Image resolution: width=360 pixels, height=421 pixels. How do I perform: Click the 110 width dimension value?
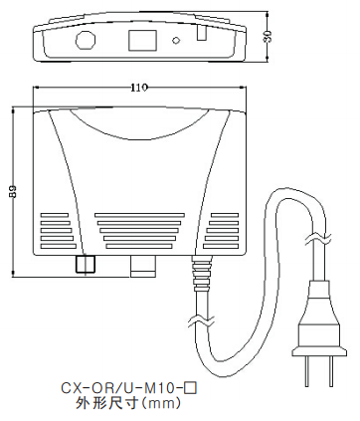point(139,88)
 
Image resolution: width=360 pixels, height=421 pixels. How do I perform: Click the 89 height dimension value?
point(13,191)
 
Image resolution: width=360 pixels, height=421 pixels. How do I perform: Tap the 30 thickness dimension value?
point(268,36)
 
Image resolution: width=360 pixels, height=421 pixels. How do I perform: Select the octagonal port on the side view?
point(86,40)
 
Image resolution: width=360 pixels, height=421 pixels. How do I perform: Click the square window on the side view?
point(142,41)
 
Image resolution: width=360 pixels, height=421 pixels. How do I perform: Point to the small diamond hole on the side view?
point(176,40)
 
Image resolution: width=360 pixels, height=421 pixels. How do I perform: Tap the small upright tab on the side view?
point(201,34)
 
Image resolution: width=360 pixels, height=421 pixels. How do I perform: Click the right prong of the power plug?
point(330,371)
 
